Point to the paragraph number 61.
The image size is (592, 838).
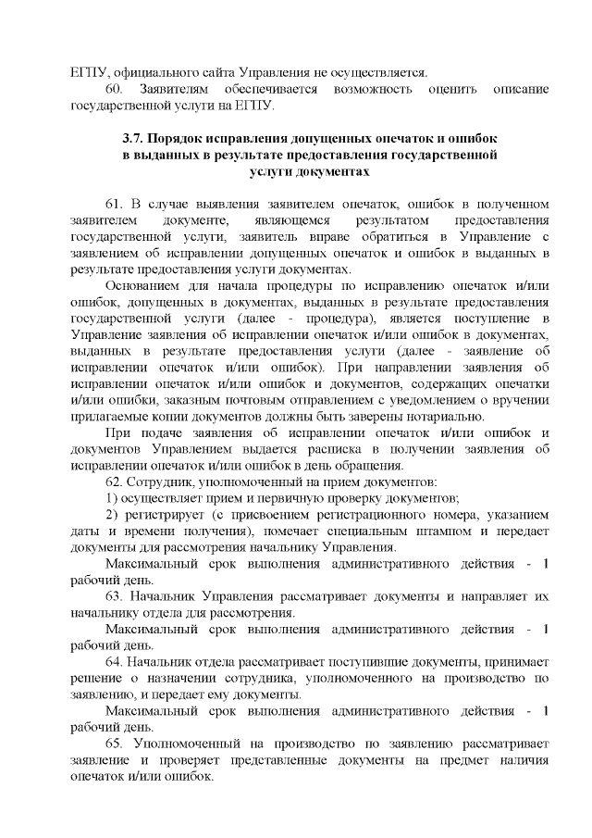point(116,203)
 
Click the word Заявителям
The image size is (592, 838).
point(173,89)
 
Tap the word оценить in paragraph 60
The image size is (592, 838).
point(454,89)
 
